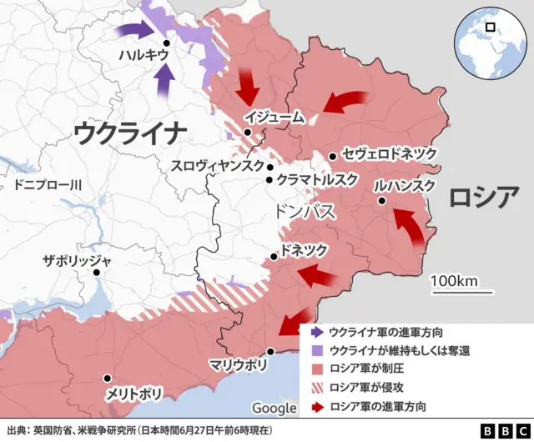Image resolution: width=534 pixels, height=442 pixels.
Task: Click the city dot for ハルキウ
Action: (167, 43)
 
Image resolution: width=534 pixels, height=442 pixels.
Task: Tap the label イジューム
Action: (275, 118)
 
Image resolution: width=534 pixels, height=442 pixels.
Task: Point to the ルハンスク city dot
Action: (381, 201)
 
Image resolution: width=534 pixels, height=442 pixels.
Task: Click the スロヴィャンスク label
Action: (217, 165)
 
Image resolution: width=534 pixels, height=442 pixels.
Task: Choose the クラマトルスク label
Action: (318, 179)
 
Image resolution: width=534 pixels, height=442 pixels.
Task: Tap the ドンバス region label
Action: (305, 212)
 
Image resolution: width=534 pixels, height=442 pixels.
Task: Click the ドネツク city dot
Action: (274, 257)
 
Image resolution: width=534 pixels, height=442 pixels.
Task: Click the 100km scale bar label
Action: (455, 280)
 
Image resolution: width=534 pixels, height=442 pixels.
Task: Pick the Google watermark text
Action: (274, 408)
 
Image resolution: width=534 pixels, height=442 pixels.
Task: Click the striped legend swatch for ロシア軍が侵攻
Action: (315, 388)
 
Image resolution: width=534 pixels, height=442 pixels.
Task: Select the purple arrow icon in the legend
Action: (315, 332)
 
